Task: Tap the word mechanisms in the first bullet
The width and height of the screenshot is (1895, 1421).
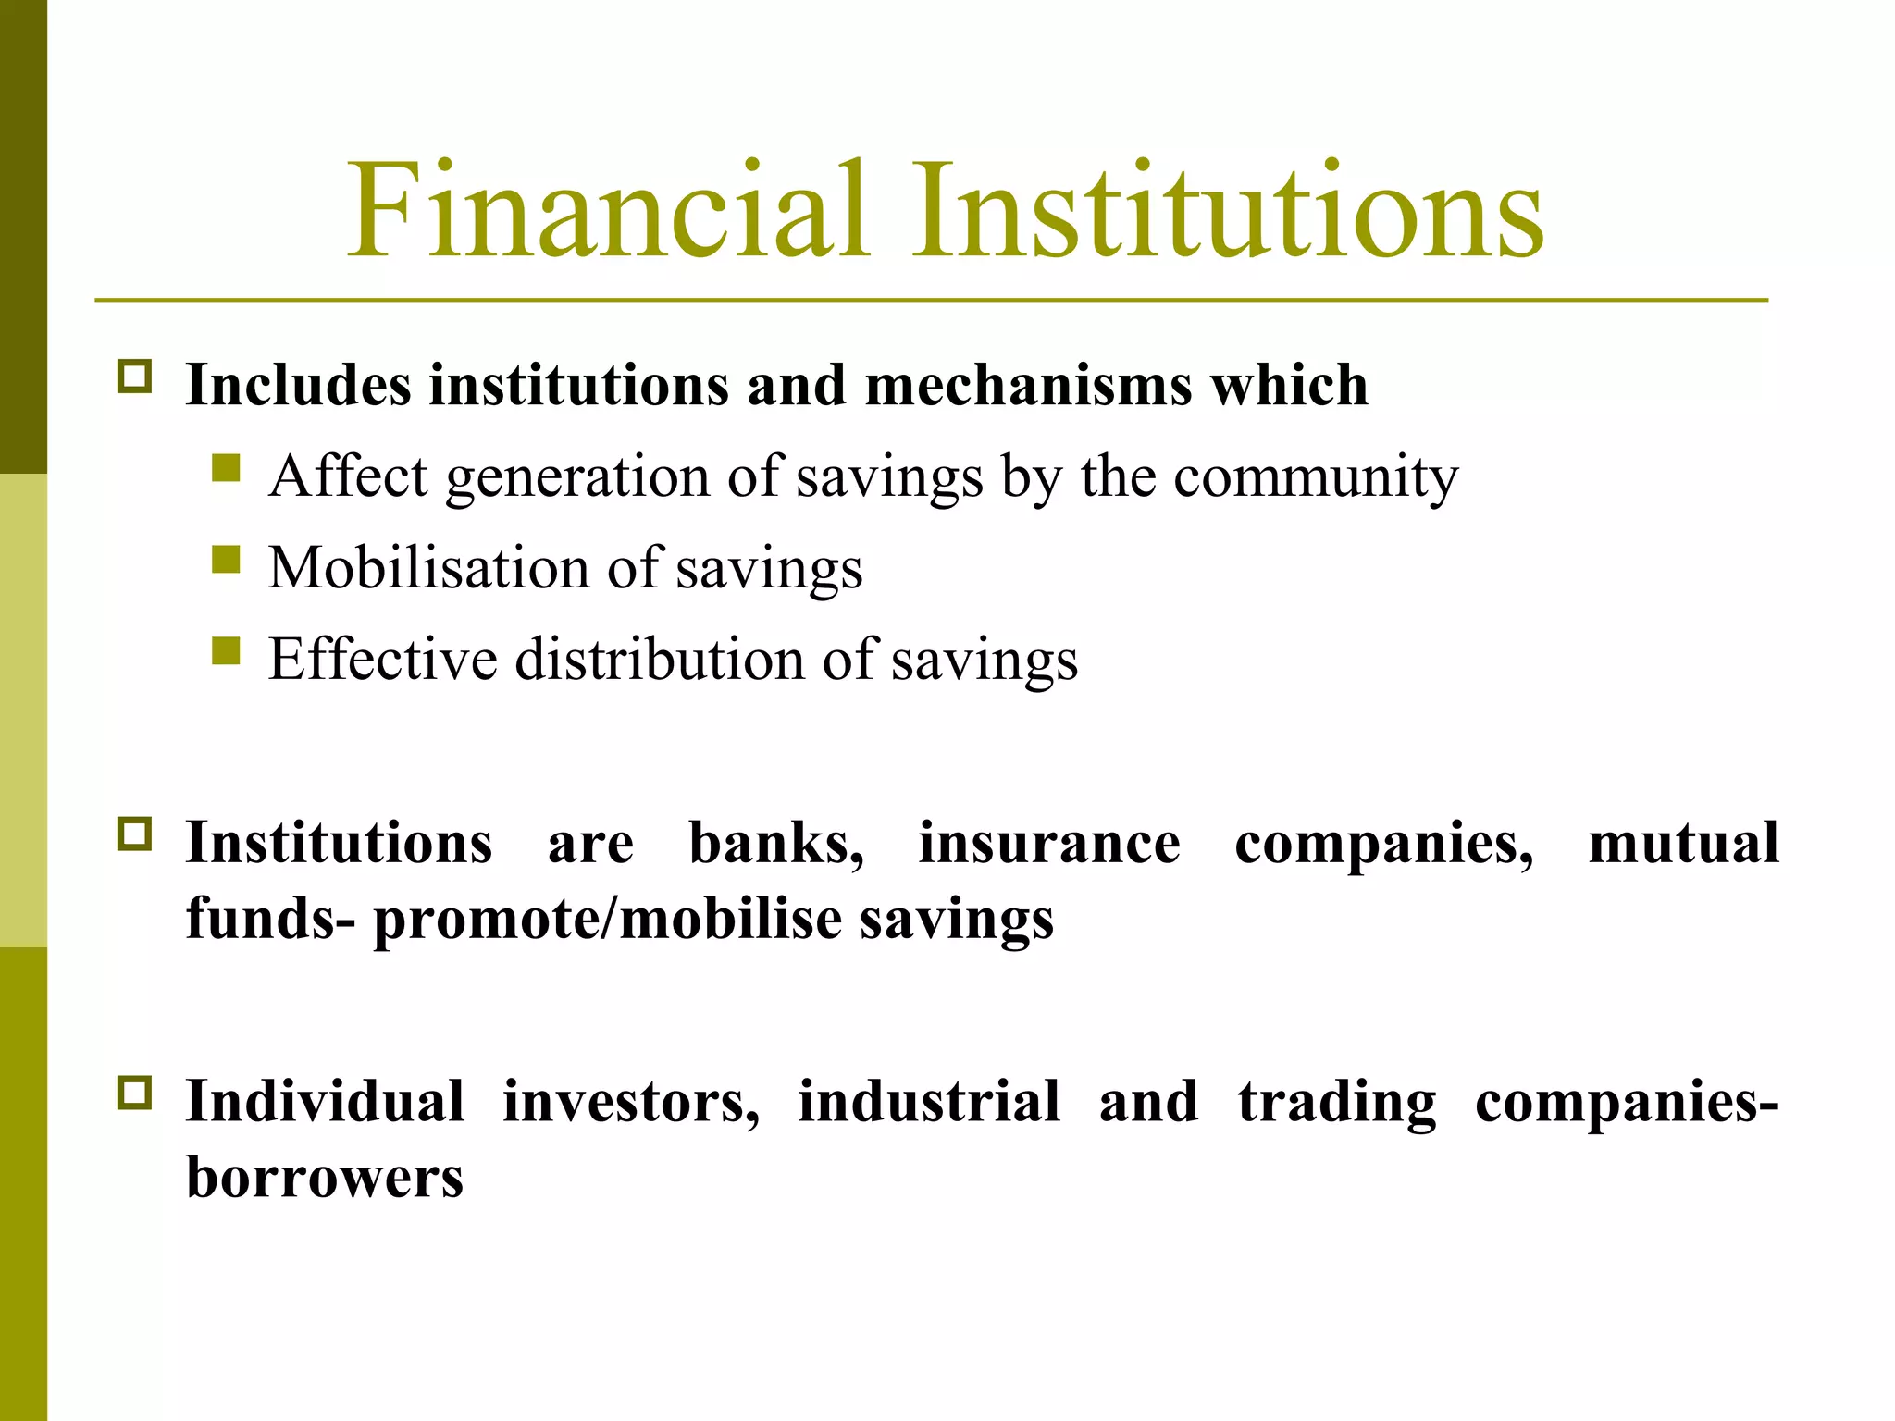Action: point(1028,384)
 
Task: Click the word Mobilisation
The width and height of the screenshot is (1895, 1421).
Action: point(428,567)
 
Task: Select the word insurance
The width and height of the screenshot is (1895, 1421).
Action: point(1049,843)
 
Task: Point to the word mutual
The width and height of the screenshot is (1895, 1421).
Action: point(1683,843)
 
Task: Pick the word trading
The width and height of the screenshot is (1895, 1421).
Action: point(1337,1103)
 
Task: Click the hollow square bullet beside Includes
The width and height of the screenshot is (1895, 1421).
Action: point(135,377)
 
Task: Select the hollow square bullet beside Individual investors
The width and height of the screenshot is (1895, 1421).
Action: point(135,1093)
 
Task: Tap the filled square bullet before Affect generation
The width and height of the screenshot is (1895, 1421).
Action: point(226,468)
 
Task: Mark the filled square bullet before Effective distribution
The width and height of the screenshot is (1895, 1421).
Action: point(226,650)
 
